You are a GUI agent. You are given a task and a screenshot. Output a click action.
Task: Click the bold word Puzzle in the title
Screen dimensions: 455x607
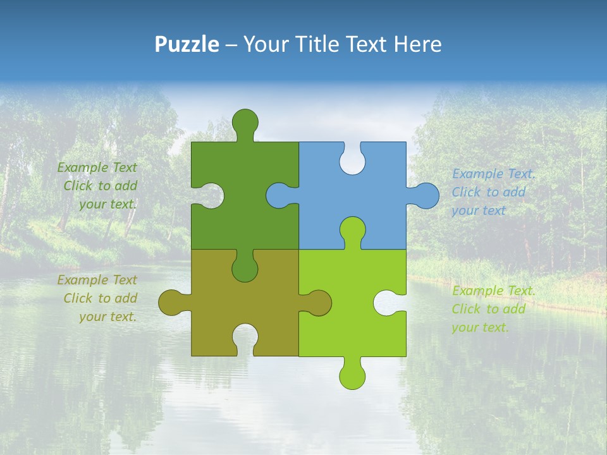(187, 44)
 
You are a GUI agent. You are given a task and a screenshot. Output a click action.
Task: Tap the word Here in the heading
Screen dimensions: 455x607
(417, 44)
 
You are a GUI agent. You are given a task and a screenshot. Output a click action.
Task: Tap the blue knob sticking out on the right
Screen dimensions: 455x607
(425, 195)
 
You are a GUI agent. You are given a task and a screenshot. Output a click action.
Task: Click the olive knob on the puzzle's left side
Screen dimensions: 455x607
(173, 303)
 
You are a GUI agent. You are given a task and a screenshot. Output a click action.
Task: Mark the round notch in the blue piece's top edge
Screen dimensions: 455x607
(352, 159)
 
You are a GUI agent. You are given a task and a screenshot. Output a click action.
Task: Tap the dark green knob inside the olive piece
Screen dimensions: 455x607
(245, 267)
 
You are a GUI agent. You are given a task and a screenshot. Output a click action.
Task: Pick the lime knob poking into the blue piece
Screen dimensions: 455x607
(352, 231)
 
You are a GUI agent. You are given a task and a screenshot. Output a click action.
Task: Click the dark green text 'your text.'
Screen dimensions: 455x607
(108, 204)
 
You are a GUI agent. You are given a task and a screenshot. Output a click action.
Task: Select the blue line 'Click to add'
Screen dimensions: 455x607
(489, 192)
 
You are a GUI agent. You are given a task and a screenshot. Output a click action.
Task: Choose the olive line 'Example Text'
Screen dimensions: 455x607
(97, 279)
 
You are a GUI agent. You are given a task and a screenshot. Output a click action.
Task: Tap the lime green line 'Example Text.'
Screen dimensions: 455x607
(494, 291)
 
